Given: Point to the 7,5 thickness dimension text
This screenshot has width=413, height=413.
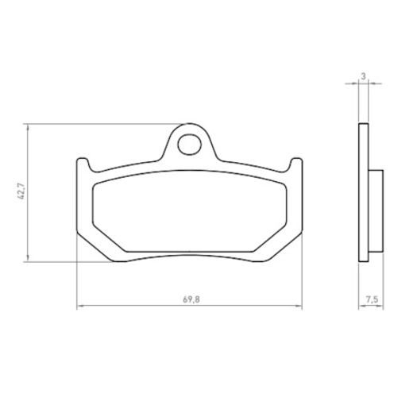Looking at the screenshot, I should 371,299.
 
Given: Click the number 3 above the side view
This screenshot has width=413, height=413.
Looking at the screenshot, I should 362,76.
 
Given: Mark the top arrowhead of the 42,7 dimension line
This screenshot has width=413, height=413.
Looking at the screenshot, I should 29,126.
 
